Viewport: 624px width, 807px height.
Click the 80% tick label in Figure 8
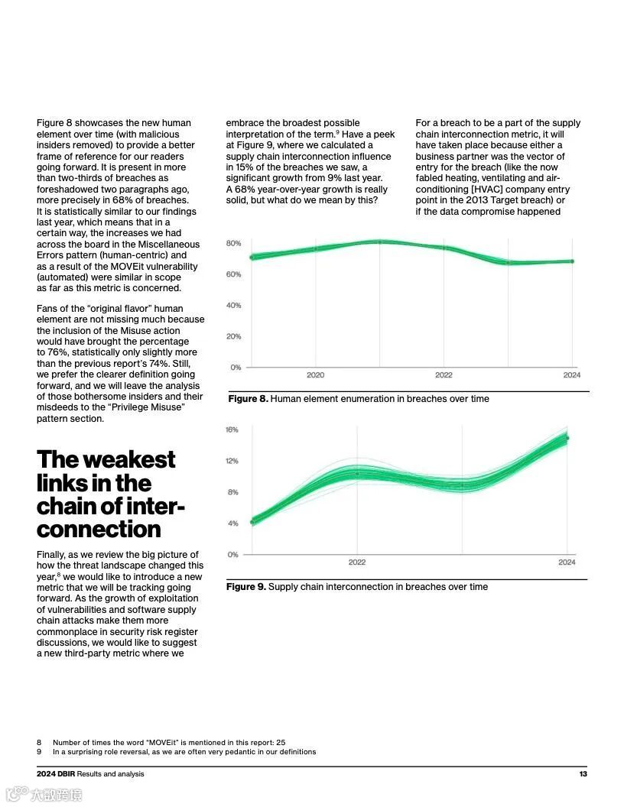click(233, 243)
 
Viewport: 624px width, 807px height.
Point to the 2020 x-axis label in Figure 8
click(315, 375)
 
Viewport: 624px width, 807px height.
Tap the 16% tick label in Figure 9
click(232, 429)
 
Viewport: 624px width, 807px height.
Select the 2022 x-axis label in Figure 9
click(357, 562)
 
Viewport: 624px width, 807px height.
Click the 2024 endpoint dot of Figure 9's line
click(567, 438)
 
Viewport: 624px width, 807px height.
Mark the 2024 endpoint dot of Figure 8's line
click(572, 261)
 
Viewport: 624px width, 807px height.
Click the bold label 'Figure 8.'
click(248, 399)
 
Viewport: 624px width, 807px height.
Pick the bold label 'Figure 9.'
click(246, 587)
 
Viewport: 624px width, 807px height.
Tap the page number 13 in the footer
click(583, 774)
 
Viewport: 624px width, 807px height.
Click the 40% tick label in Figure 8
click(233, 306)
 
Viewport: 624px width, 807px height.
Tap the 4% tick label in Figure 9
click(232, 523)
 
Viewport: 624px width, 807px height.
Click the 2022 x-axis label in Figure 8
click(444, 375)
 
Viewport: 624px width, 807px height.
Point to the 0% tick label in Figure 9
click(232, 555)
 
